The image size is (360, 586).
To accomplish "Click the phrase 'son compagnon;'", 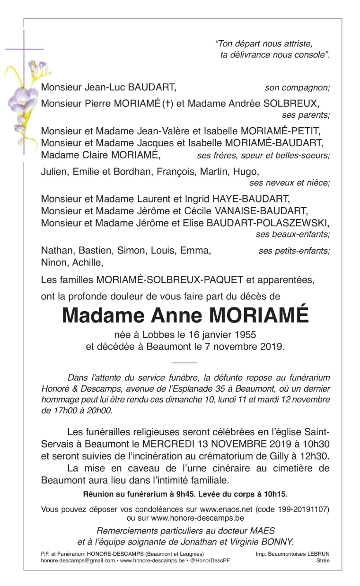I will click(x=297, y=87).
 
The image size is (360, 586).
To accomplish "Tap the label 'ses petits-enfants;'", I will click(x=294, y=251).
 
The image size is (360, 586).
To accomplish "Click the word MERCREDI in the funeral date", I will click(x=167, y=445).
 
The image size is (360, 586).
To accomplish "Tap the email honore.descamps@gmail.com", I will click(x=78, y=560).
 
